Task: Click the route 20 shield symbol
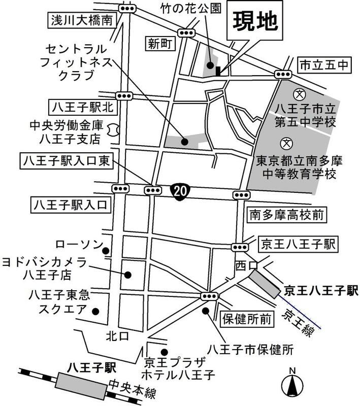coord(179,190)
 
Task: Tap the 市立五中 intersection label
coord(316,64)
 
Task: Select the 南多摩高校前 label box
coord(285,215)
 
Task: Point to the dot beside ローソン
coord(106,251)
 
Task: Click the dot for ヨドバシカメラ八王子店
coord(128,275)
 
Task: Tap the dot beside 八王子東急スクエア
coord(100,311)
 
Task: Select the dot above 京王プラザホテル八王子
coord(163,352)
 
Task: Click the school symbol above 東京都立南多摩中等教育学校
coord(287,144)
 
